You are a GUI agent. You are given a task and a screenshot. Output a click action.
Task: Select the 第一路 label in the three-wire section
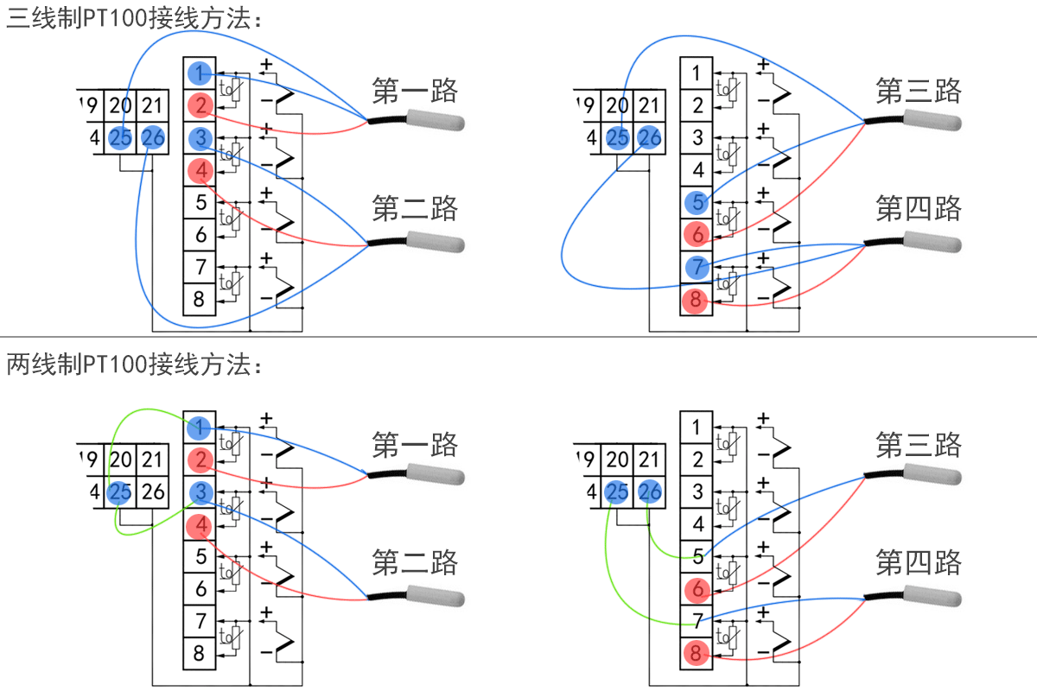pos(414,90)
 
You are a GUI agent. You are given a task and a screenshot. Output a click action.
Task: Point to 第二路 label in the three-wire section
pos(414,208)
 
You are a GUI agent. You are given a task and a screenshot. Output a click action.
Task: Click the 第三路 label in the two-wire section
pos(919,446)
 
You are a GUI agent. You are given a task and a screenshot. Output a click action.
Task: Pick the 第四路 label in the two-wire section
pos(919,563)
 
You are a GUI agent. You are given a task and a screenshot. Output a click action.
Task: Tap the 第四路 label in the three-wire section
pos(919,208)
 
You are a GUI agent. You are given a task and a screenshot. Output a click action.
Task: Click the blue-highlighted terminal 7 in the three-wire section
pos(697,268)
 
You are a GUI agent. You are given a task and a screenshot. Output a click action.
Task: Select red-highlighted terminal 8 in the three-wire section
pos(696,301)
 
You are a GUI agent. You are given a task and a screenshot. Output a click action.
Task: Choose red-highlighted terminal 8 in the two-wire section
pos(696,654)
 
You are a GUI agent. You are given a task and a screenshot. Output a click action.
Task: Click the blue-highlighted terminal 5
pos(697,203)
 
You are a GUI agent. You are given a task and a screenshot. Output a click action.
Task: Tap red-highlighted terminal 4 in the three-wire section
pos(200,171)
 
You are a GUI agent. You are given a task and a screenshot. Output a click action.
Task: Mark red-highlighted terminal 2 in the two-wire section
pos(200,460)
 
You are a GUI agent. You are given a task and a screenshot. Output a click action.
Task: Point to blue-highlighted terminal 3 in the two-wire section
pos(200,492)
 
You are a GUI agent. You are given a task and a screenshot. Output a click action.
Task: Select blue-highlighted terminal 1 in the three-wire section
pos(200,73)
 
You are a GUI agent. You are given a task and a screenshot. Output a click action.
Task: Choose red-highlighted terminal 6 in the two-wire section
pos(696,590)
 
